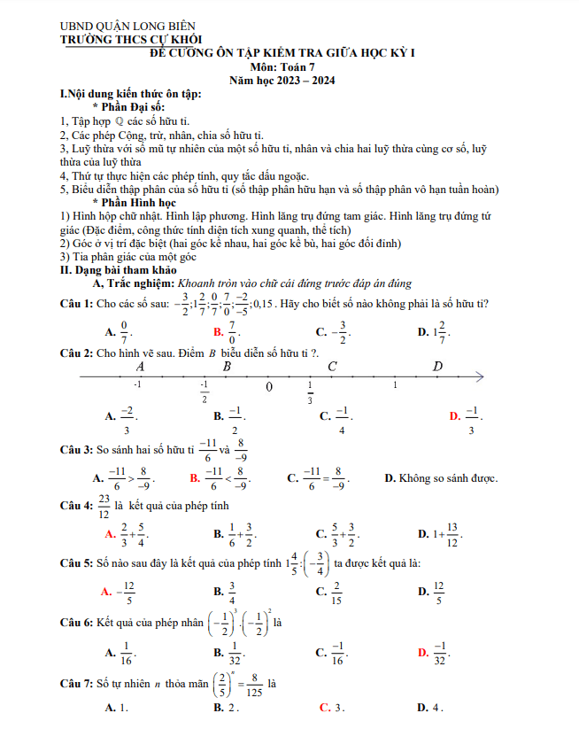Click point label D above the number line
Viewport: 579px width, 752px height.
pyautogui.click(x=437, y=366)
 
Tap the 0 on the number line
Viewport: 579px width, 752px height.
pyautogui.click(x=269, y=387)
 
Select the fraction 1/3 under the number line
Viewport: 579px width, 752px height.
pyautogui.click(x=310, y=392)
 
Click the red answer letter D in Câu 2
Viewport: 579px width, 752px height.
pyautogui.click(x=454, y=416)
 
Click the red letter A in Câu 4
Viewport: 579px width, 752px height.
pyautogui.click(x=109, y=534)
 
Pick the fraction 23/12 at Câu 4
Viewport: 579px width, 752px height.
pyautogui.click(x=104, y=507)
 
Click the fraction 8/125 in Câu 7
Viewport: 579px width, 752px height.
pyautogui.click(x=254, y=685)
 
